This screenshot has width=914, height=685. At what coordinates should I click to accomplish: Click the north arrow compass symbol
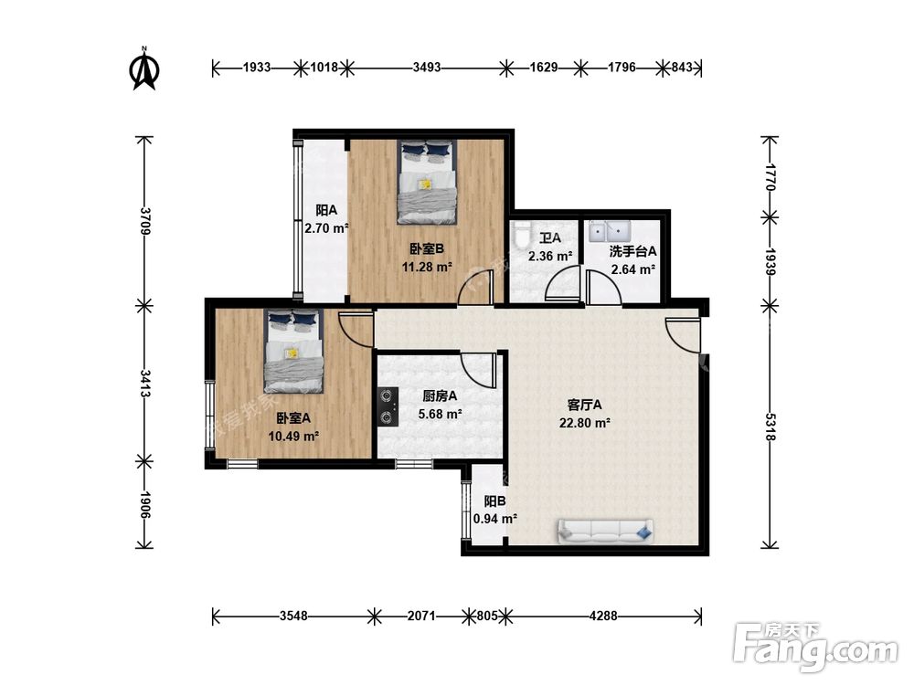tap(144, 69)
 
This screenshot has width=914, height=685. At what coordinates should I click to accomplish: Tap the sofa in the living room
tap(606, 531)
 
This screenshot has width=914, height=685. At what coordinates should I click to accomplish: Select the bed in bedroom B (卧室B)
tap(427, 182)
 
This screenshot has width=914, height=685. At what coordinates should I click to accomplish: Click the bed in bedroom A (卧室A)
tap(293, 351)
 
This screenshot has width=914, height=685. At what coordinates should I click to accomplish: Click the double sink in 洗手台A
tap(608, 231)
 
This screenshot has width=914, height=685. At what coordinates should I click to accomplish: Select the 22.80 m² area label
tap(585, 423)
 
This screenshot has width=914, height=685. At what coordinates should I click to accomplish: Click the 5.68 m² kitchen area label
tap(441, 414)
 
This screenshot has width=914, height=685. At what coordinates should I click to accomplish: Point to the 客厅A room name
tap(585, 405)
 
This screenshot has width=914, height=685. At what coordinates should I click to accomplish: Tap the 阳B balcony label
tap(494, 501)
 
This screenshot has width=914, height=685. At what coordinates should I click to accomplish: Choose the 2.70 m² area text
tap(326, 228)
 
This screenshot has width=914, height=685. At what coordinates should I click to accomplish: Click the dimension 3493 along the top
tap(427, 68)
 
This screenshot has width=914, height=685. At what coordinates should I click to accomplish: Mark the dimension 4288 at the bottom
tap(603, 616)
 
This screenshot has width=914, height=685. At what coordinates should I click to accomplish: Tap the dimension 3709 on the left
tap(144, 221)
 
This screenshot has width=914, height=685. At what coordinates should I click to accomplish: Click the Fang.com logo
tap(815, 647)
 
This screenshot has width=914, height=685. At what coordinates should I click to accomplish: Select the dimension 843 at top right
tap(682, 68)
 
